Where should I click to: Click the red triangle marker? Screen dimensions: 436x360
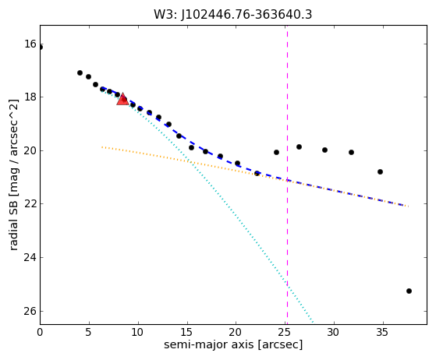click(x=122, y=99)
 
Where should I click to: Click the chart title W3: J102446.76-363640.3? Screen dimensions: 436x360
click(x=233, y=15)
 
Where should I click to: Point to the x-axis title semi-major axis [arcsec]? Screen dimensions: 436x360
click(x=233, y=344)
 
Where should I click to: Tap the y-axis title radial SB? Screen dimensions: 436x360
click(x=13, y=175)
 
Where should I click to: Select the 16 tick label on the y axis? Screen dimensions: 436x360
click(x=30, y=44)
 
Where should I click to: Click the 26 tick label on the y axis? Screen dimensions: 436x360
click(x=30, y=311)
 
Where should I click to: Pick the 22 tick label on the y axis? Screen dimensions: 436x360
click(x=30, y=204)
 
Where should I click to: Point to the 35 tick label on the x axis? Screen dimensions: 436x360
click(x=382, y=332)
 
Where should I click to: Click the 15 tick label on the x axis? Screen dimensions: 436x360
click(x=186, y=332)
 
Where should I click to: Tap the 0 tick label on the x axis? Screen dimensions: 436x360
click(x=40, y=332)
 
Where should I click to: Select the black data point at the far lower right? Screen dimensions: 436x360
click(x=409, y=291)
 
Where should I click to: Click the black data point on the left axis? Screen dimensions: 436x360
click(x=41, y=48)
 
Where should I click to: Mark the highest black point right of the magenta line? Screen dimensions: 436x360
click(x=299, y=147)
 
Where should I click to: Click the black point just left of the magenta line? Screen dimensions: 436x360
click(x=276, y=152)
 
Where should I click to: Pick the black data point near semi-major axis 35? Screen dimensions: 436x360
click(x=380, y=172)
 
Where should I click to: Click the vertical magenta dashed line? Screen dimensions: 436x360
click(x=287, y=175)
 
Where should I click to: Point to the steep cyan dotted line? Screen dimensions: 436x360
click(x=207, y=206)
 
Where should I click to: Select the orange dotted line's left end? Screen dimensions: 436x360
click(x=102, y=146)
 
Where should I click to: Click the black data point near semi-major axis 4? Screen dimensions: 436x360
click(x=80, y=72)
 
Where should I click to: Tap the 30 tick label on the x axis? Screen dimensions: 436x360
click(x=333, y=332)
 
